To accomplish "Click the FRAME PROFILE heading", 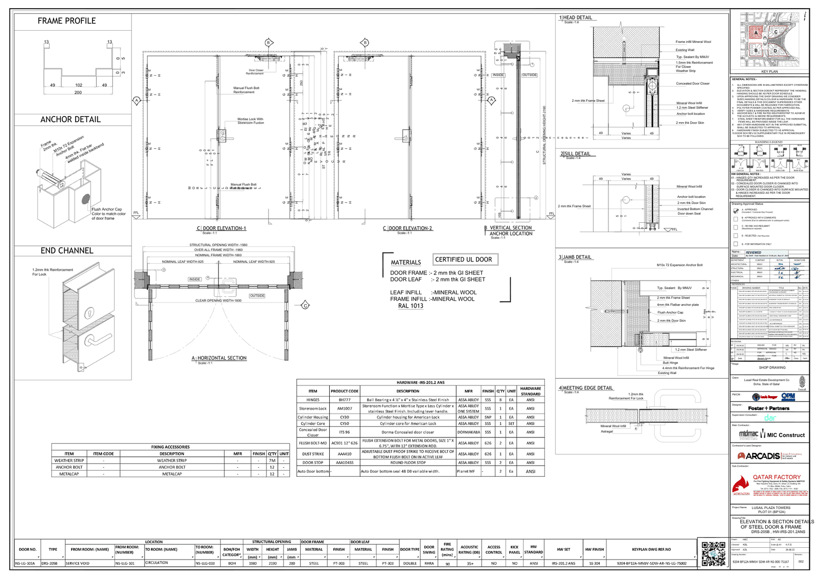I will (x=66, y=21).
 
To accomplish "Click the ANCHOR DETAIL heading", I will (x=71, y=120).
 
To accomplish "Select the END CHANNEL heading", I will (x=67, y=251).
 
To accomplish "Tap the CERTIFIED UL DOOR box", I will (x=464, y=260).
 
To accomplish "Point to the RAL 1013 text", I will (x=411, y=306).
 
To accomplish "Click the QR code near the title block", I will (x=714, y=553).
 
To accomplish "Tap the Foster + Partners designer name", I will (x=768, y=408).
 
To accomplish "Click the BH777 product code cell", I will (x=345, y=400).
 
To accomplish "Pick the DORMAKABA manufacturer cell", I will (x=468, y=432).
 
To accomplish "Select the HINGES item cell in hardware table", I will (x=313, y=400).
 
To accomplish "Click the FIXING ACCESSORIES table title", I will (x=170, y=447).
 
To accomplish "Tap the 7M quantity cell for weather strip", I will (x=272, y=460).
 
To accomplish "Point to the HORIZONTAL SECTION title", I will (x=222, y=358).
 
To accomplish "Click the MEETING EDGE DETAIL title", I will (x=587, y=388).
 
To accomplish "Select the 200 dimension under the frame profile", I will (x=78, y=93).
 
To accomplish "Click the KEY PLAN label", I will (x=769, y=72).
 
